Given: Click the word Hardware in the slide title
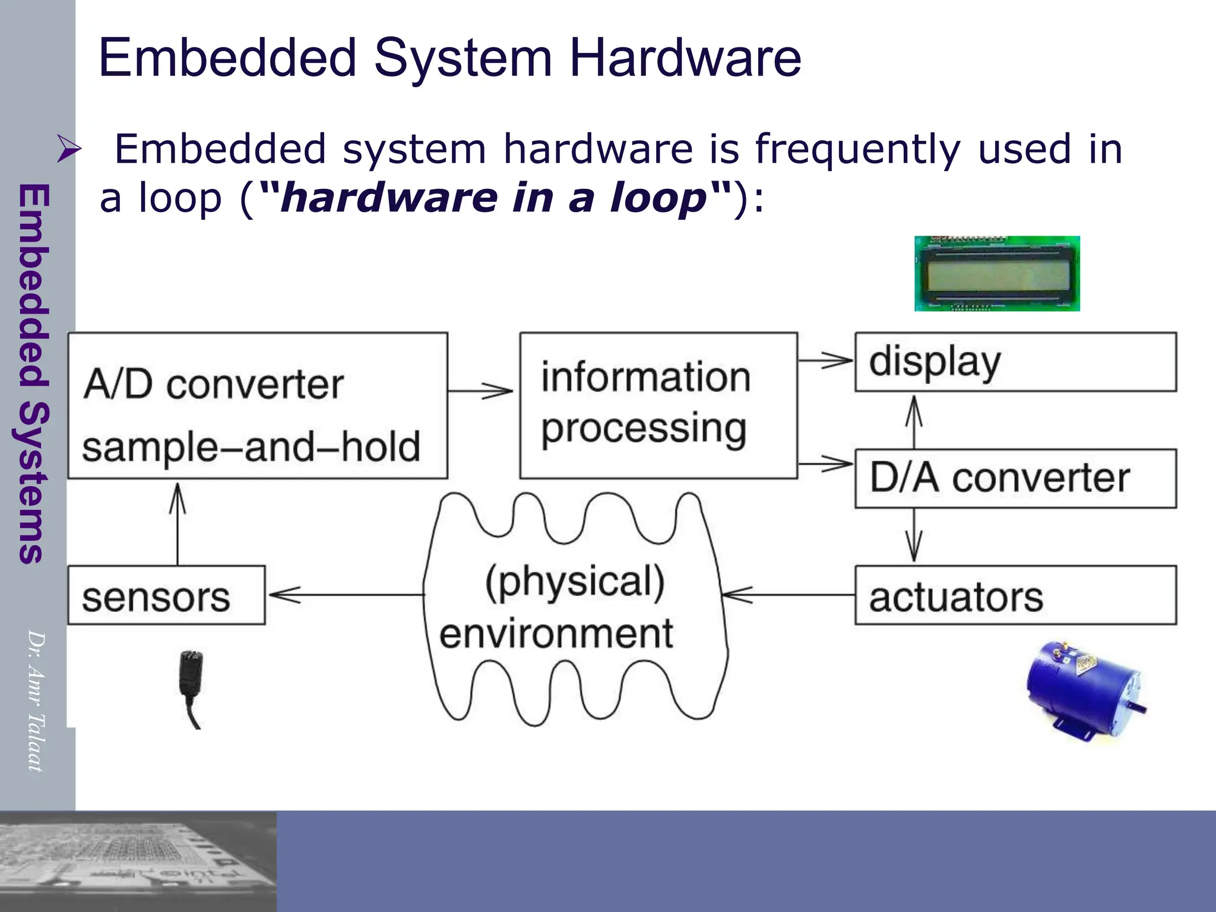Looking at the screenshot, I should point(685,58).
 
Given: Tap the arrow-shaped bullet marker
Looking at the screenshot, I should point(69,148).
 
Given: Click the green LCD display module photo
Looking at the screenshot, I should point(997,274).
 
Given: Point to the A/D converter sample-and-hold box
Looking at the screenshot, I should point(258,406).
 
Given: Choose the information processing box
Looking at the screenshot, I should point(658,406).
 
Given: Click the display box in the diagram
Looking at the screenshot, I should point(1015,362).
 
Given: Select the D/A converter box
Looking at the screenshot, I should point(1015,479).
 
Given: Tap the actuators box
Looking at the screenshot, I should point(1015,595).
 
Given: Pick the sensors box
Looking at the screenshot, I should point(166,595).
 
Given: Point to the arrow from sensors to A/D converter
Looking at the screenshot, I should point(178,522).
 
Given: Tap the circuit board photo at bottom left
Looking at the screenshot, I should point(138,861).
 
